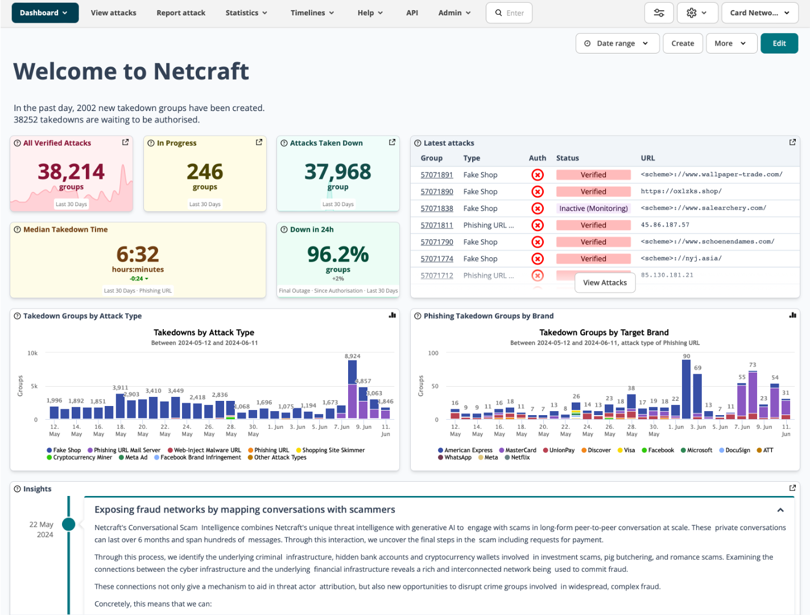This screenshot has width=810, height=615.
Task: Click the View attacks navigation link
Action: pos(113,13)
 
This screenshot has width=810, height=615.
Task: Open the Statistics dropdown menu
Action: pos(246,13)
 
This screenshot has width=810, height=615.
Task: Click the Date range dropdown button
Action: pos(617,43)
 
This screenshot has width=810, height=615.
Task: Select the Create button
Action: pos(683,43)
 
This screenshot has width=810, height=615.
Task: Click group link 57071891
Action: pos(437,175)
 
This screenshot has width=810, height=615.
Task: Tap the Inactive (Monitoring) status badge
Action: pos(593,208)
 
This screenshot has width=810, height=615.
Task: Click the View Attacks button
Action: pos(605,282)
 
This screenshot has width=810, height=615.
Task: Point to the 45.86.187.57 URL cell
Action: pos(665,225)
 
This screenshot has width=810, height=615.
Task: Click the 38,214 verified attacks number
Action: pos(71,171)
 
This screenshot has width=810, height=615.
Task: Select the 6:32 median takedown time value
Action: pos(138,254)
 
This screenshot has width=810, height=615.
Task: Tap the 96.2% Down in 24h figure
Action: pos(338,254)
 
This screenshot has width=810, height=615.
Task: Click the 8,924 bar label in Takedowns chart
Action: pos(352,356)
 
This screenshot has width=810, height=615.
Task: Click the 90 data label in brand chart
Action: pos(687,356)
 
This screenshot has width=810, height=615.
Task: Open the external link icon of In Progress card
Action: pos(259,142)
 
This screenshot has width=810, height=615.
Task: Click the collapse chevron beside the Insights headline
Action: pos(780,510)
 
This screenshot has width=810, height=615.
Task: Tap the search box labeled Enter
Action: pos(509,13)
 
